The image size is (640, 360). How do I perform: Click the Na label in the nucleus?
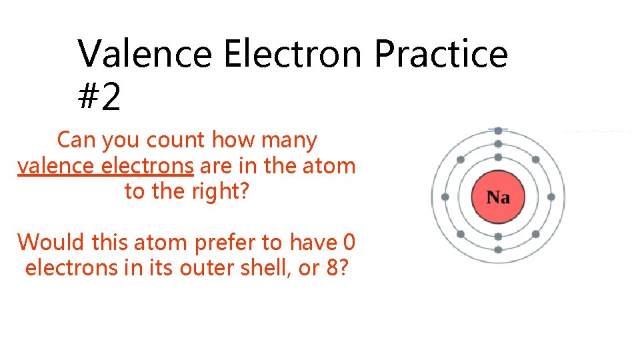pyautogui.click(x=498, y=197)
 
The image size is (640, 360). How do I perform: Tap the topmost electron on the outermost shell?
pyautogui.click(x=498, y=131)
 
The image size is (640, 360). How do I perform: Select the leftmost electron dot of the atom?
pyautogui.click(x=445, y=197)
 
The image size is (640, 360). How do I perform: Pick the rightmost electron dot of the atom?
pyautogui.click(x=551, y=197)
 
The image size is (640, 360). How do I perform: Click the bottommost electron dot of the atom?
pyautogui.click(x=498, y=249)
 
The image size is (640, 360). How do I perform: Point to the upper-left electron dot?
pyautogui.click(x=461, y=160)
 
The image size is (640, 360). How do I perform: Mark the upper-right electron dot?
pyautogui.click(x=535, y=160)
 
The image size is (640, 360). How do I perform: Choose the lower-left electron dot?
pyautogui.click(x=461, y=234)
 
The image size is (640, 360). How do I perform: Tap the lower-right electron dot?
pyautogui.click(x=535, y=234)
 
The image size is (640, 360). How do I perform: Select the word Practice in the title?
pyautogui.click(x=441, y=54)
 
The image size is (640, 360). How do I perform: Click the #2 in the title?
pyautogui.click(x=99, y=97)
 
